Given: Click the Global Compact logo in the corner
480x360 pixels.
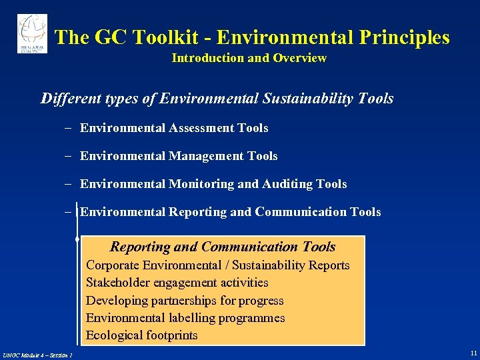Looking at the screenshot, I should pos(32,33).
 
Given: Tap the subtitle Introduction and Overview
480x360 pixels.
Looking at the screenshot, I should pos(249,58).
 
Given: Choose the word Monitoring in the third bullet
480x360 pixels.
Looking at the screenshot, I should pos(201,184).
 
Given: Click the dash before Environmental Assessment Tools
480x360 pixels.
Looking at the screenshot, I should pos(70,128).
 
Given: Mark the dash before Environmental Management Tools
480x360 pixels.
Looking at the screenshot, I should pos(70,156).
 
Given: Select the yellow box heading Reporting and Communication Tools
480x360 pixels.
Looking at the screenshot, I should pos(223,247).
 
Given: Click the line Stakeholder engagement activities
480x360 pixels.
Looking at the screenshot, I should pos(177,283).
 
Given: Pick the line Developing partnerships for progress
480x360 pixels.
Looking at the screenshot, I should pos(185,301).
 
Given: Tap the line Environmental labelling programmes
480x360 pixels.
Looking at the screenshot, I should pos(185,318).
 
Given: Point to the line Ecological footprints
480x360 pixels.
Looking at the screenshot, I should pos(141,335).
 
